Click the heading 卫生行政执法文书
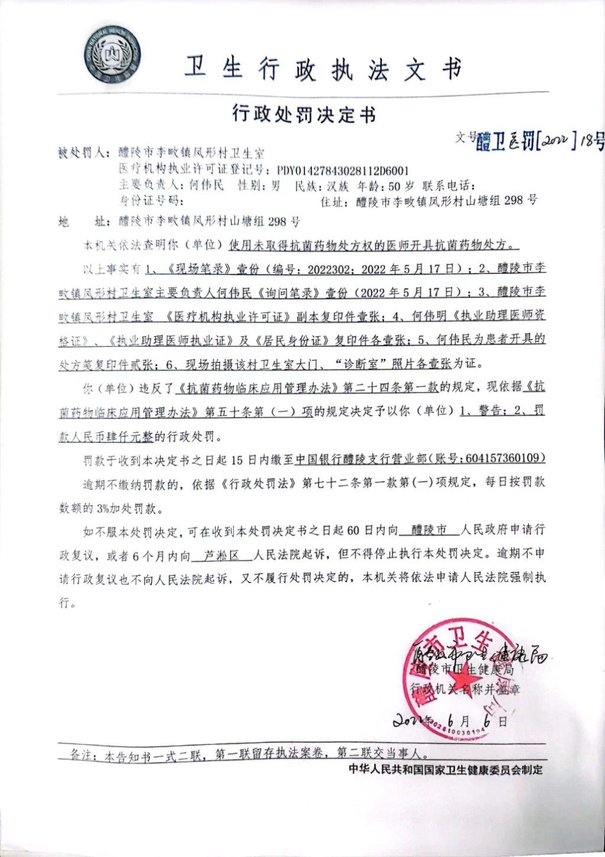click(x=323, y=70)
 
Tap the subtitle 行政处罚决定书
click(x=304, y=114)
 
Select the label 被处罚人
click(x=83, y=154)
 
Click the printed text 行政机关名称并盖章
click(x=466, y=689)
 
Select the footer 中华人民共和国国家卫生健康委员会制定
click(x=445, y=770)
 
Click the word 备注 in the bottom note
click(x=82, y=755)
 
